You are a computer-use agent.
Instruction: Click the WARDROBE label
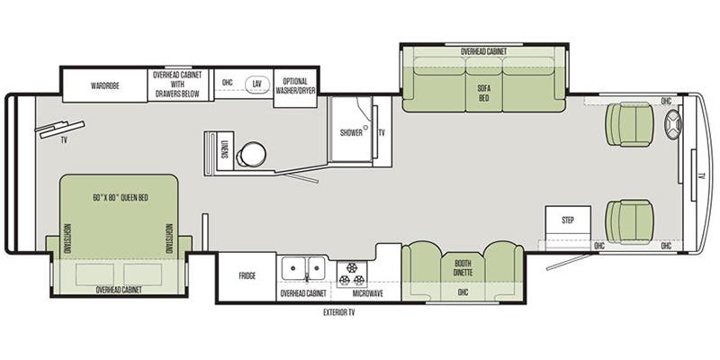[x=105, y=86]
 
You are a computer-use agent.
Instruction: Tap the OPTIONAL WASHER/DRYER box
[x=293, y=86]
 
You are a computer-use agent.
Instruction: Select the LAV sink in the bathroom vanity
[x=256, y=84]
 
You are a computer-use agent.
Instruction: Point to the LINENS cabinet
[x=223, y=147]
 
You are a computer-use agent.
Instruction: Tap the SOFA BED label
[x=482, y=93]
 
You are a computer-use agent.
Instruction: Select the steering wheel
[x=673, y=130]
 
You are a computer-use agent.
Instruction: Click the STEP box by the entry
[x=568, y=220]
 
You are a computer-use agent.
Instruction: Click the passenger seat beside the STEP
[x=627, y=220]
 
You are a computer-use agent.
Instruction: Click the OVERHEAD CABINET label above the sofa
[x=483, y=52]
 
